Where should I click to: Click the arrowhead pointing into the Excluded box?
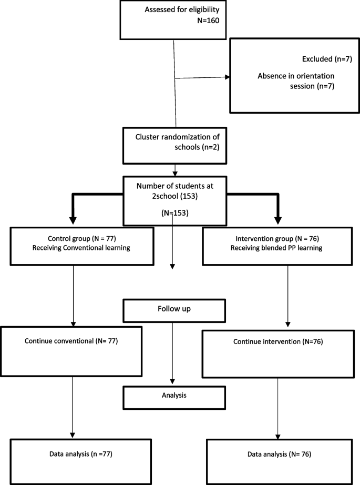[227, 77]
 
